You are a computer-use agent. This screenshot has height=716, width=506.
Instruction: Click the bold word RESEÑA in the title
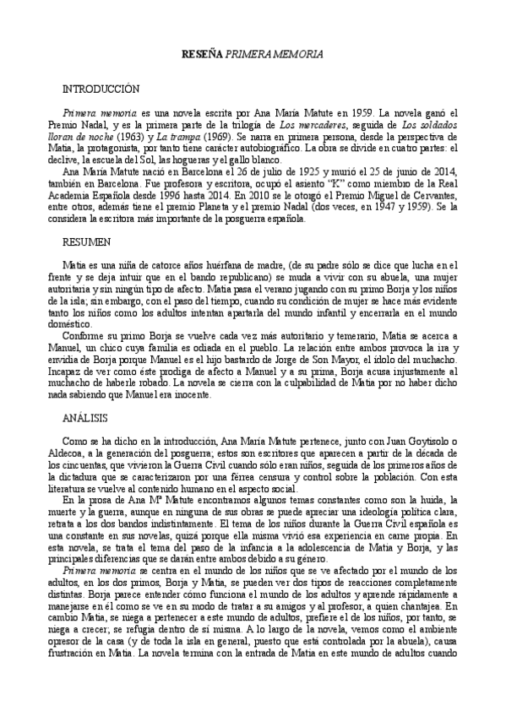204,55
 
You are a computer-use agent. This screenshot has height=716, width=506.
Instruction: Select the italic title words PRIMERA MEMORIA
273,55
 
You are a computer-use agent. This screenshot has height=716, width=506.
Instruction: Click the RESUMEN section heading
87,242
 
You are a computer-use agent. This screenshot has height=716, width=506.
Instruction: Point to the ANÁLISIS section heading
86,418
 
